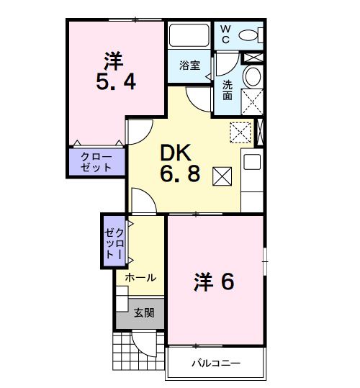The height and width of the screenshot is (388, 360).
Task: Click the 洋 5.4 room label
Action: (x=115, y=71)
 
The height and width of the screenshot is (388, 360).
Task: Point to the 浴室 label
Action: (x=189, y=65)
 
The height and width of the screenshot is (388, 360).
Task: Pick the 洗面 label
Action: (x=227, y=89)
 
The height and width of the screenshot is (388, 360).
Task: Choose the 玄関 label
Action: (x=143, y=312)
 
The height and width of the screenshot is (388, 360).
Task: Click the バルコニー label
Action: (x=215, y=363)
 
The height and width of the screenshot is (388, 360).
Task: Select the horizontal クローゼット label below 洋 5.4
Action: (x=96, y=161)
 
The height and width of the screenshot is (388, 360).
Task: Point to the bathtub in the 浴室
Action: (x=189, y=35)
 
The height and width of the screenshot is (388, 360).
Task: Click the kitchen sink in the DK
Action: (x=252, y=163)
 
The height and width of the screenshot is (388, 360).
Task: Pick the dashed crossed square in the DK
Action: (x=239, y=132)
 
